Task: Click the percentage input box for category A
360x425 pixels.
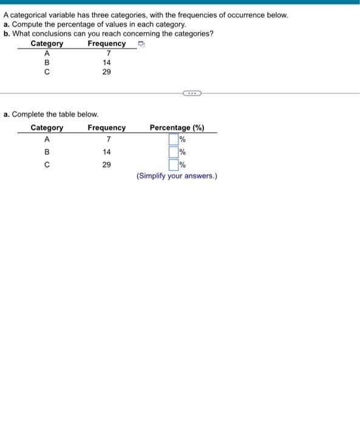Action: click(173, 140)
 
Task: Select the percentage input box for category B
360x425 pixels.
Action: click(173, 152)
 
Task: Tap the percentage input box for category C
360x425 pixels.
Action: click(173, 165)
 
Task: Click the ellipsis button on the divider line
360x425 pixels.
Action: click(192, 93)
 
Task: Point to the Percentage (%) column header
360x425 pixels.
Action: click(177, 127)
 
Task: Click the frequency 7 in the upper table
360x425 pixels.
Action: click(107, 53)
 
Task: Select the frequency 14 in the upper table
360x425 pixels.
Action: click(107, 63)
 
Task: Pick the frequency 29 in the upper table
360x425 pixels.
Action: click(107, 72)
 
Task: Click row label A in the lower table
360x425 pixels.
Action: click(47, 140)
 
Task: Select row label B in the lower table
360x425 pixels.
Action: click(47, 152)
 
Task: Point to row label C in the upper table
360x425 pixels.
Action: click(47, 72)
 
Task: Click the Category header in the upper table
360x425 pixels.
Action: click(47, 44)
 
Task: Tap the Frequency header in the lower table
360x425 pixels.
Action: click(106, 127)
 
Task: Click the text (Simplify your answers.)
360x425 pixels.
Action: click(177, 176)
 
